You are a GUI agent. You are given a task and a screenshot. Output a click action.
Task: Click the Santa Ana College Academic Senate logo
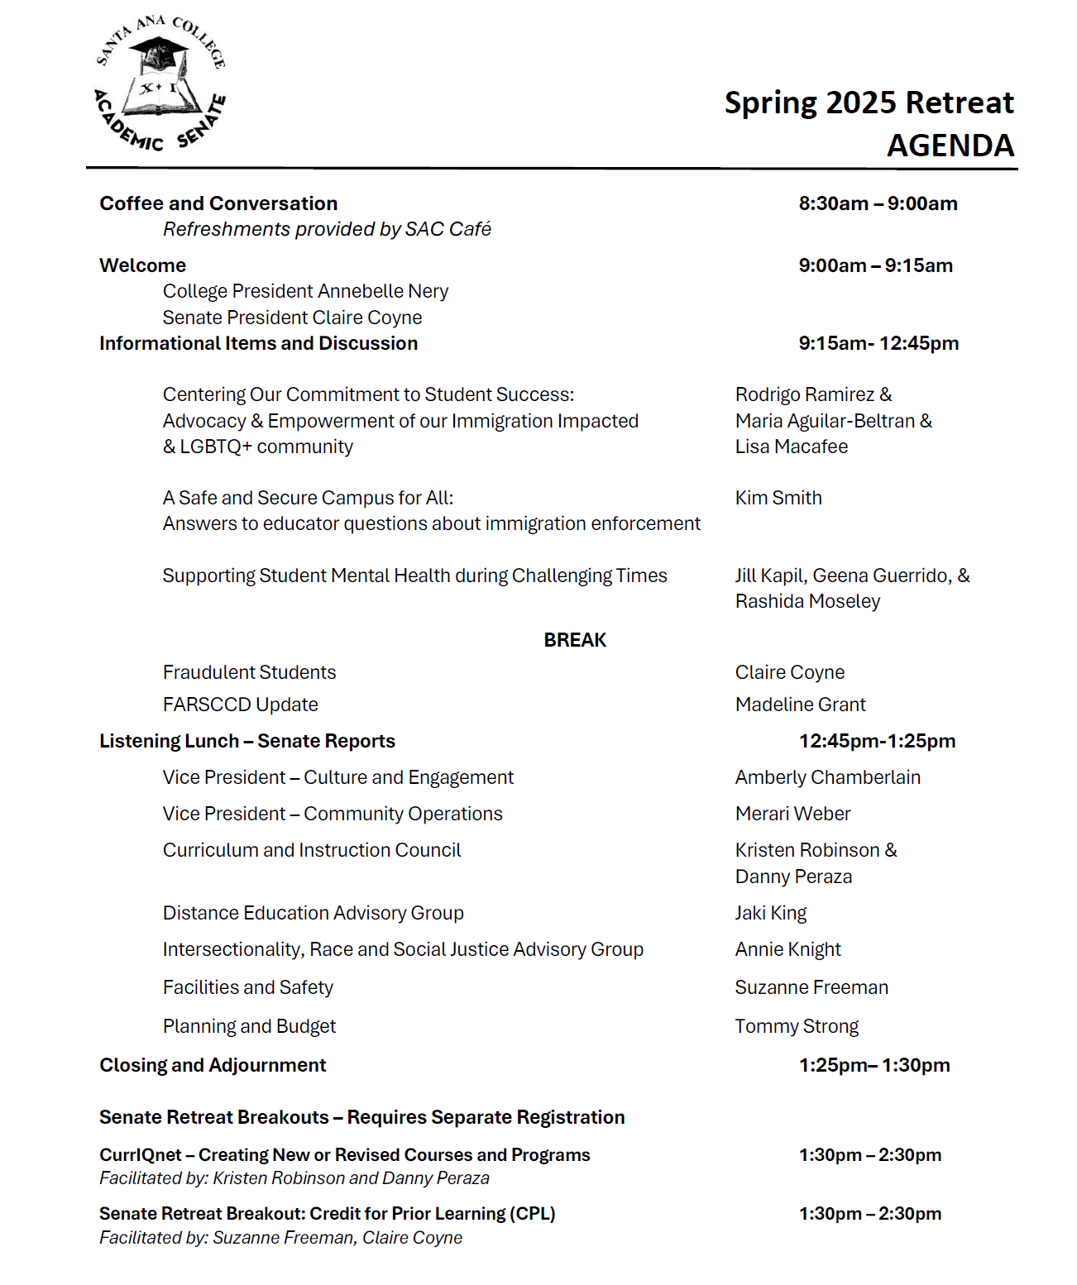pos(160,84)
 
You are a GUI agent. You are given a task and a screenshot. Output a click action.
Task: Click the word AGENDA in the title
pos(950,146)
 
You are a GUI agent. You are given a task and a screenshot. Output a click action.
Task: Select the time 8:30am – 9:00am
pos(878,203)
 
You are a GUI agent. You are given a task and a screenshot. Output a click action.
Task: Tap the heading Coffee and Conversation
pos(218,203)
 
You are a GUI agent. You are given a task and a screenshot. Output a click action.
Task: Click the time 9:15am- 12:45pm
pos(878,343)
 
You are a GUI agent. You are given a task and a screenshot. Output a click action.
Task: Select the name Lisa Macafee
pos(791,447)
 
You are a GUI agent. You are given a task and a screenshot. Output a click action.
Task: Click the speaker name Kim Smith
pos(778,498)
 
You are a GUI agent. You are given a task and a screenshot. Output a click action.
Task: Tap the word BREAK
pos(575,640)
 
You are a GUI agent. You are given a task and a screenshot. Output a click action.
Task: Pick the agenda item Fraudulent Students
pos(249,672)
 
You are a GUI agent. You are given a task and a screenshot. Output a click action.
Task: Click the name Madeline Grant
pos(800,705)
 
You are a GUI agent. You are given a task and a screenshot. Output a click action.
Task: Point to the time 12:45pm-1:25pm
pos(877,741)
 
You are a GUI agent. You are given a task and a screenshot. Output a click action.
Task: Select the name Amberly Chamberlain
pos(827,777)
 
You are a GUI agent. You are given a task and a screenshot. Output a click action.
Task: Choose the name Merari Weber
pos(792,814)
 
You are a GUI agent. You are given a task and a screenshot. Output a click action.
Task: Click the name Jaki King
pos(770,913)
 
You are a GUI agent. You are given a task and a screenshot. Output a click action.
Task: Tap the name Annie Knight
pos(787,949)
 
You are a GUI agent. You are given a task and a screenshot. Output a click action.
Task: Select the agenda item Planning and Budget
pos(249,1026)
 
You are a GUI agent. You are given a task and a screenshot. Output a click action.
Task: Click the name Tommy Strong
pos(797,1026)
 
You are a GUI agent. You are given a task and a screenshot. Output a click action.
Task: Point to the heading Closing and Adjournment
pos(213,1065)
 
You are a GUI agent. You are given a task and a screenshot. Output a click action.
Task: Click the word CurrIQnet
pos(140,1155)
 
